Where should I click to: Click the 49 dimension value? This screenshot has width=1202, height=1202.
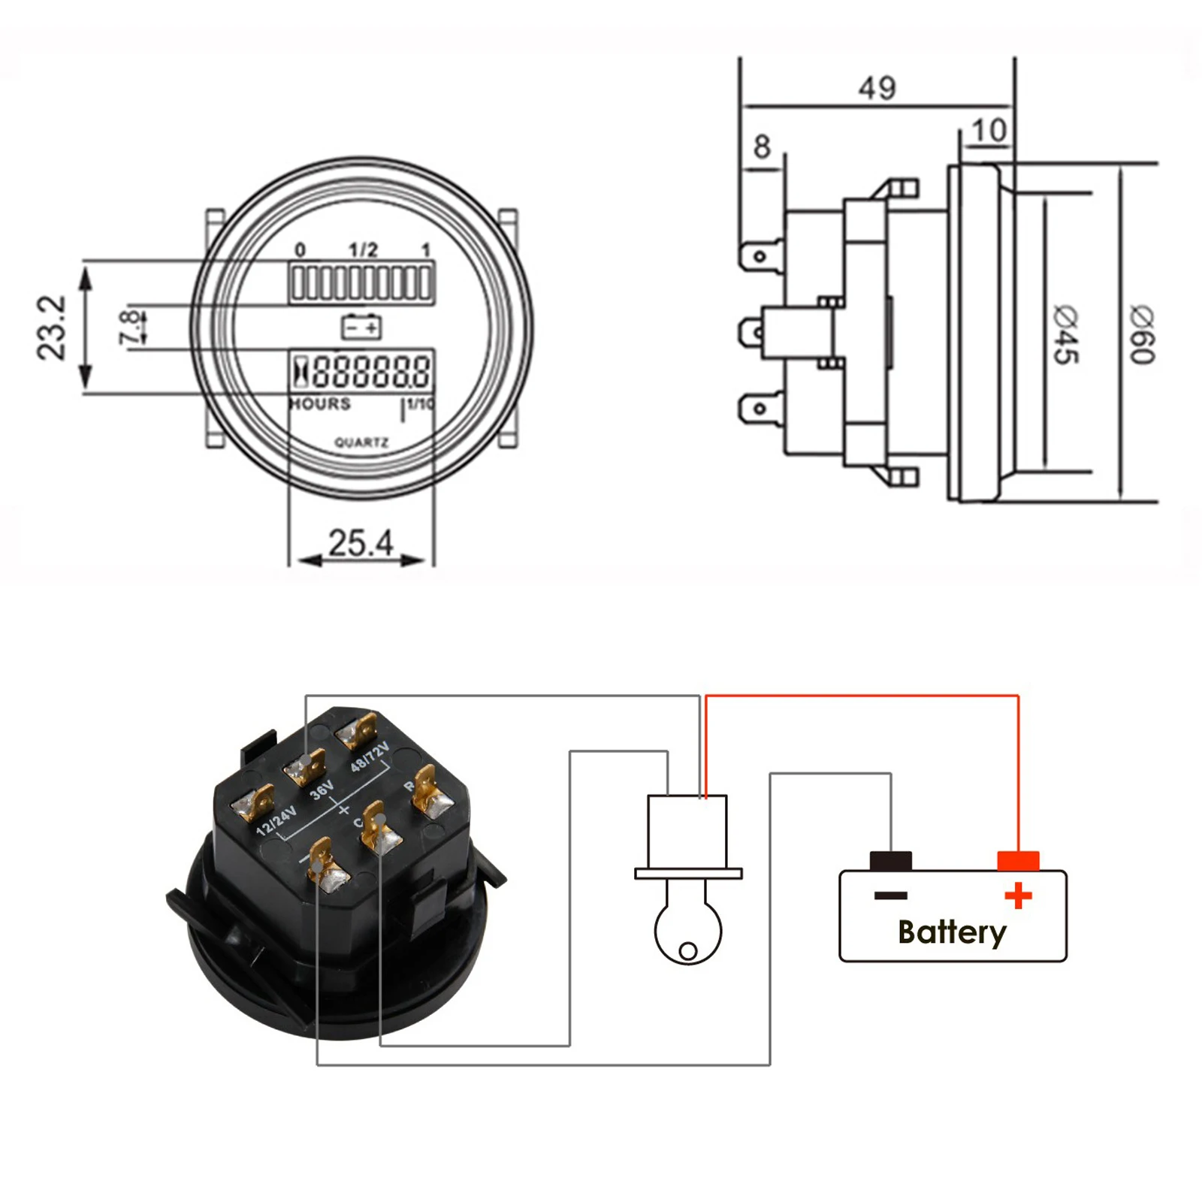click(877, 88)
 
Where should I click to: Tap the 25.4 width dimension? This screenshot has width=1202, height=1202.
click(361, 542)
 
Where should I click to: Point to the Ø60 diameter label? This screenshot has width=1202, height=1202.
click(1142, 335)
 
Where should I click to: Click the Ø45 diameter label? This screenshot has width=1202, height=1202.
click(1065, 335)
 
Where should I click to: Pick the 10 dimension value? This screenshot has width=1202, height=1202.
click(989, 131)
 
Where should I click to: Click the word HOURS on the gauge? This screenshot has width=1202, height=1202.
click(321, 404)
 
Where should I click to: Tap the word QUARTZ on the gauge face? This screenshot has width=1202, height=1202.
click(361, 442)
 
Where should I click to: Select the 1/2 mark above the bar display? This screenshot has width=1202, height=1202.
click(363, 249)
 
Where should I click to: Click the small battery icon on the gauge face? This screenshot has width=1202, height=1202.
click(361, 327)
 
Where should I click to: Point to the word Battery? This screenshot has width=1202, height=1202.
click(952, 932)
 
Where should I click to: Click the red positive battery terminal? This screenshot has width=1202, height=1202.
click(1018, 861)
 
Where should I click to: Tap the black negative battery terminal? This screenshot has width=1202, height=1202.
click(890, 861)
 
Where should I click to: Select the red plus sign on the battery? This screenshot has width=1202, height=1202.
click(1018, 895)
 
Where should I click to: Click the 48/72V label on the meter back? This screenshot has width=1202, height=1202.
click(370, 756)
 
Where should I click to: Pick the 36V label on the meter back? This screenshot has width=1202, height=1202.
click(322, 790)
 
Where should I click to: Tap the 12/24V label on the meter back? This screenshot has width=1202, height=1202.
click(276, 821)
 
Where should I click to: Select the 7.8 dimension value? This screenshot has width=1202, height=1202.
click(129, 327)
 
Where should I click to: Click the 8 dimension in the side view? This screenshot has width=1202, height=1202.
click(762, 146)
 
